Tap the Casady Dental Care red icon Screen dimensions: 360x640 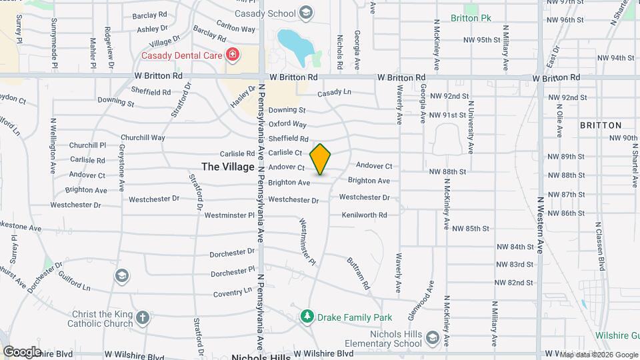(232, 54)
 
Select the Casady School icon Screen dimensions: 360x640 (305, 13)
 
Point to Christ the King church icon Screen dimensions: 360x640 (143, 317)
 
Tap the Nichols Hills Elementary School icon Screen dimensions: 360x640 (432, 338)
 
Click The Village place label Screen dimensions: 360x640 (228, 167)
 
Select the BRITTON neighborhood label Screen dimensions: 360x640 (600, 125)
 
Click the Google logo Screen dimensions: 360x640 (21, 351)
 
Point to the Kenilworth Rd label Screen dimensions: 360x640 (364, 215)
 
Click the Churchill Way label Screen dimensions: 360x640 (143, 138)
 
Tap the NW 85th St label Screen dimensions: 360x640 (471, 228)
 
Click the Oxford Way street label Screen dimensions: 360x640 (287, 124)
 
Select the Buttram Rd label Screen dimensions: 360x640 (357, 273)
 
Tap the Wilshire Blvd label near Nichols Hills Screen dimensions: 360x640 (323, 353)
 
